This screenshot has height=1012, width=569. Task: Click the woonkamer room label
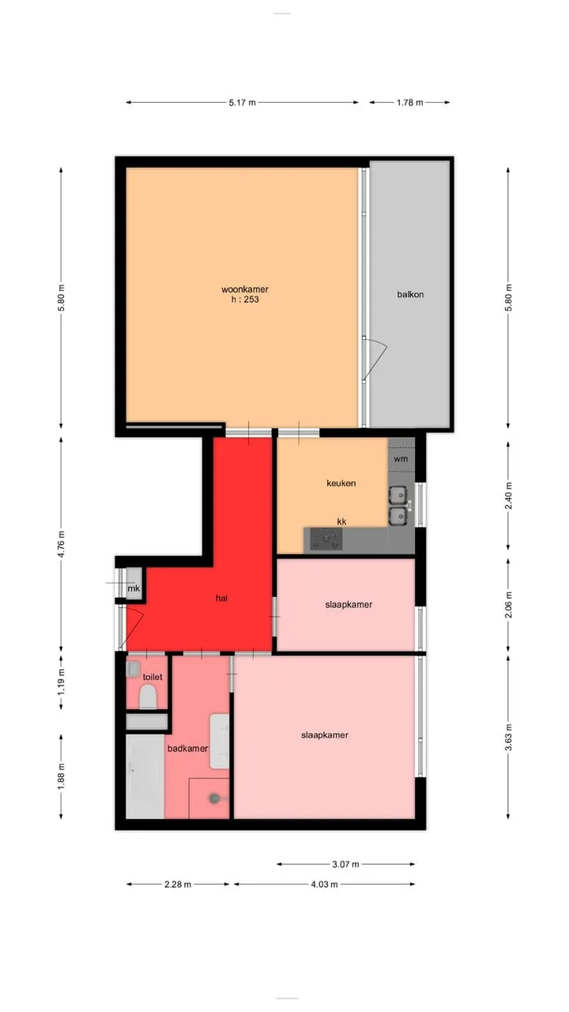tap(245, 289)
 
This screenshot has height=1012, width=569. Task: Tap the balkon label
tap(410, 295)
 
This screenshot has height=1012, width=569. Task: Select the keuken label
tap(341, 483)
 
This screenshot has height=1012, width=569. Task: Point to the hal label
tap(221, 599)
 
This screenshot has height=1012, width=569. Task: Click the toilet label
tap(153, 677)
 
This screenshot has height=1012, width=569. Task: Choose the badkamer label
tap(187, 749)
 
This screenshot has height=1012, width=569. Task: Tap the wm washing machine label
tap(401, 459)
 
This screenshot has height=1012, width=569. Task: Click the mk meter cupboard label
tap(134, 589)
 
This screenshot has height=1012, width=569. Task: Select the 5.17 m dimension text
tap(242, 103)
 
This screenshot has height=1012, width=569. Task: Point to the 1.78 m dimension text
tap(410, 103)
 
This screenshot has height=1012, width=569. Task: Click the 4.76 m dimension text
tap(62, 544)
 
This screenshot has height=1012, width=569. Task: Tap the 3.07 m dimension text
tap(346, 864)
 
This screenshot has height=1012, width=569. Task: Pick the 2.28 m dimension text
tap(178, 884)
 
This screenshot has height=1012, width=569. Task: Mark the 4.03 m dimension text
tap(324, 884)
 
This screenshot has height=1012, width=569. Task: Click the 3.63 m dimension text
tap(508, 738)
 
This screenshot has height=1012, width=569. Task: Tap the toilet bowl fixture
tap(148, 697)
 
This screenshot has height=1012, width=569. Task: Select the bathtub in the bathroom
tap(145, 776)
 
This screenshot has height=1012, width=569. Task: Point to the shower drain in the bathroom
tap(214, 799)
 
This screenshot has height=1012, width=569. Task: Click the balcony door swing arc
tap(377, 359)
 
